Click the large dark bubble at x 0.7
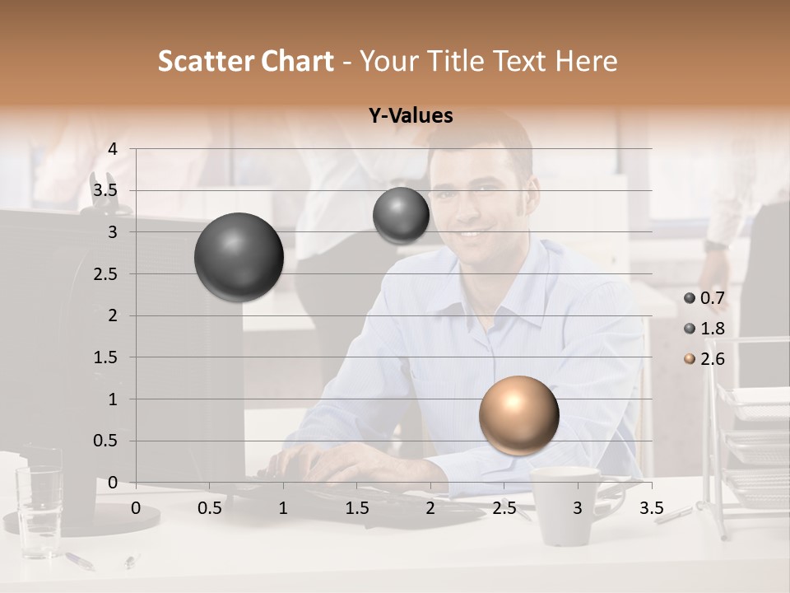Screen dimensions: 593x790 239,257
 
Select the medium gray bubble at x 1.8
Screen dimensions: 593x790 401,215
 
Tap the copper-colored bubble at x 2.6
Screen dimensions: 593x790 518,416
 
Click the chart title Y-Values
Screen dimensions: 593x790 410,116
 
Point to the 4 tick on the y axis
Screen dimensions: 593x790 113,149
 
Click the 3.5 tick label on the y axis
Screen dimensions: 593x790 106,191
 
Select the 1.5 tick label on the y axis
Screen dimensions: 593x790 106,358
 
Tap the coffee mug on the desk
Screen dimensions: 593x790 565,506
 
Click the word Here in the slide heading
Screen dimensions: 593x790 586,61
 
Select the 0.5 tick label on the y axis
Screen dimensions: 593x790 106,441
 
